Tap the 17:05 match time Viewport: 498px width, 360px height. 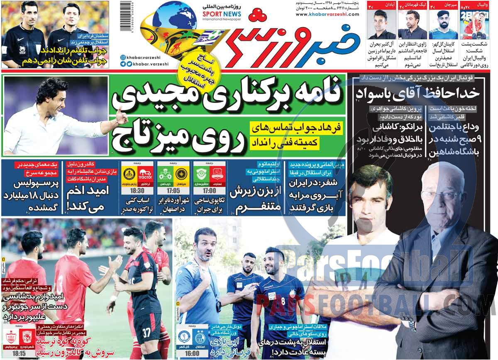point(174,190)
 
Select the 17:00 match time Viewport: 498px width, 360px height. point(210,190)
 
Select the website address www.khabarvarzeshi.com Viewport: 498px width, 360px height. point(327,15)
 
